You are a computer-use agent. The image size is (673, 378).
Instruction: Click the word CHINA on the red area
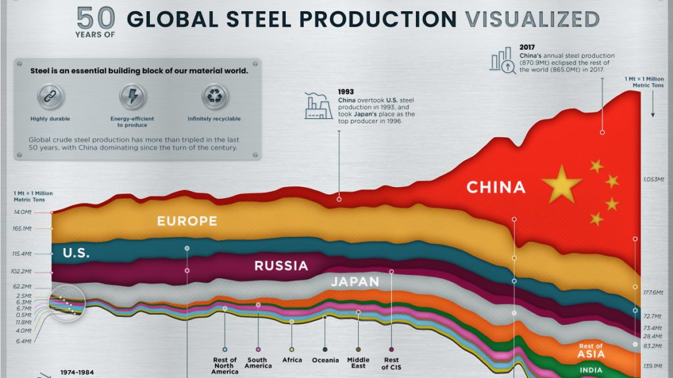pos(496,188)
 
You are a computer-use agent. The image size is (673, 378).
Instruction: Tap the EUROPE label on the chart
pos(187,221)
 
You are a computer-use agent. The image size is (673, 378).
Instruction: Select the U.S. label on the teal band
pos(76,253)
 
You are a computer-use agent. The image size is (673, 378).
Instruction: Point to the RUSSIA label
pos(281,266)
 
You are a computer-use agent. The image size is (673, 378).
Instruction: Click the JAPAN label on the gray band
pos(355,282)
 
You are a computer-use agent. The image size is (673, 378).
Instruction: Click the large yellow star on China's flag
pos(561,184)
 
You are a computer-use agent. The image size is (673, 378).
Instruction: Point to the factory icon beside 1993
pos(318,104)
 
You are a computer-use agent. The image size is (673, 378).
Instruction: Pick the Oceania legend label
pos(325,360)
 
